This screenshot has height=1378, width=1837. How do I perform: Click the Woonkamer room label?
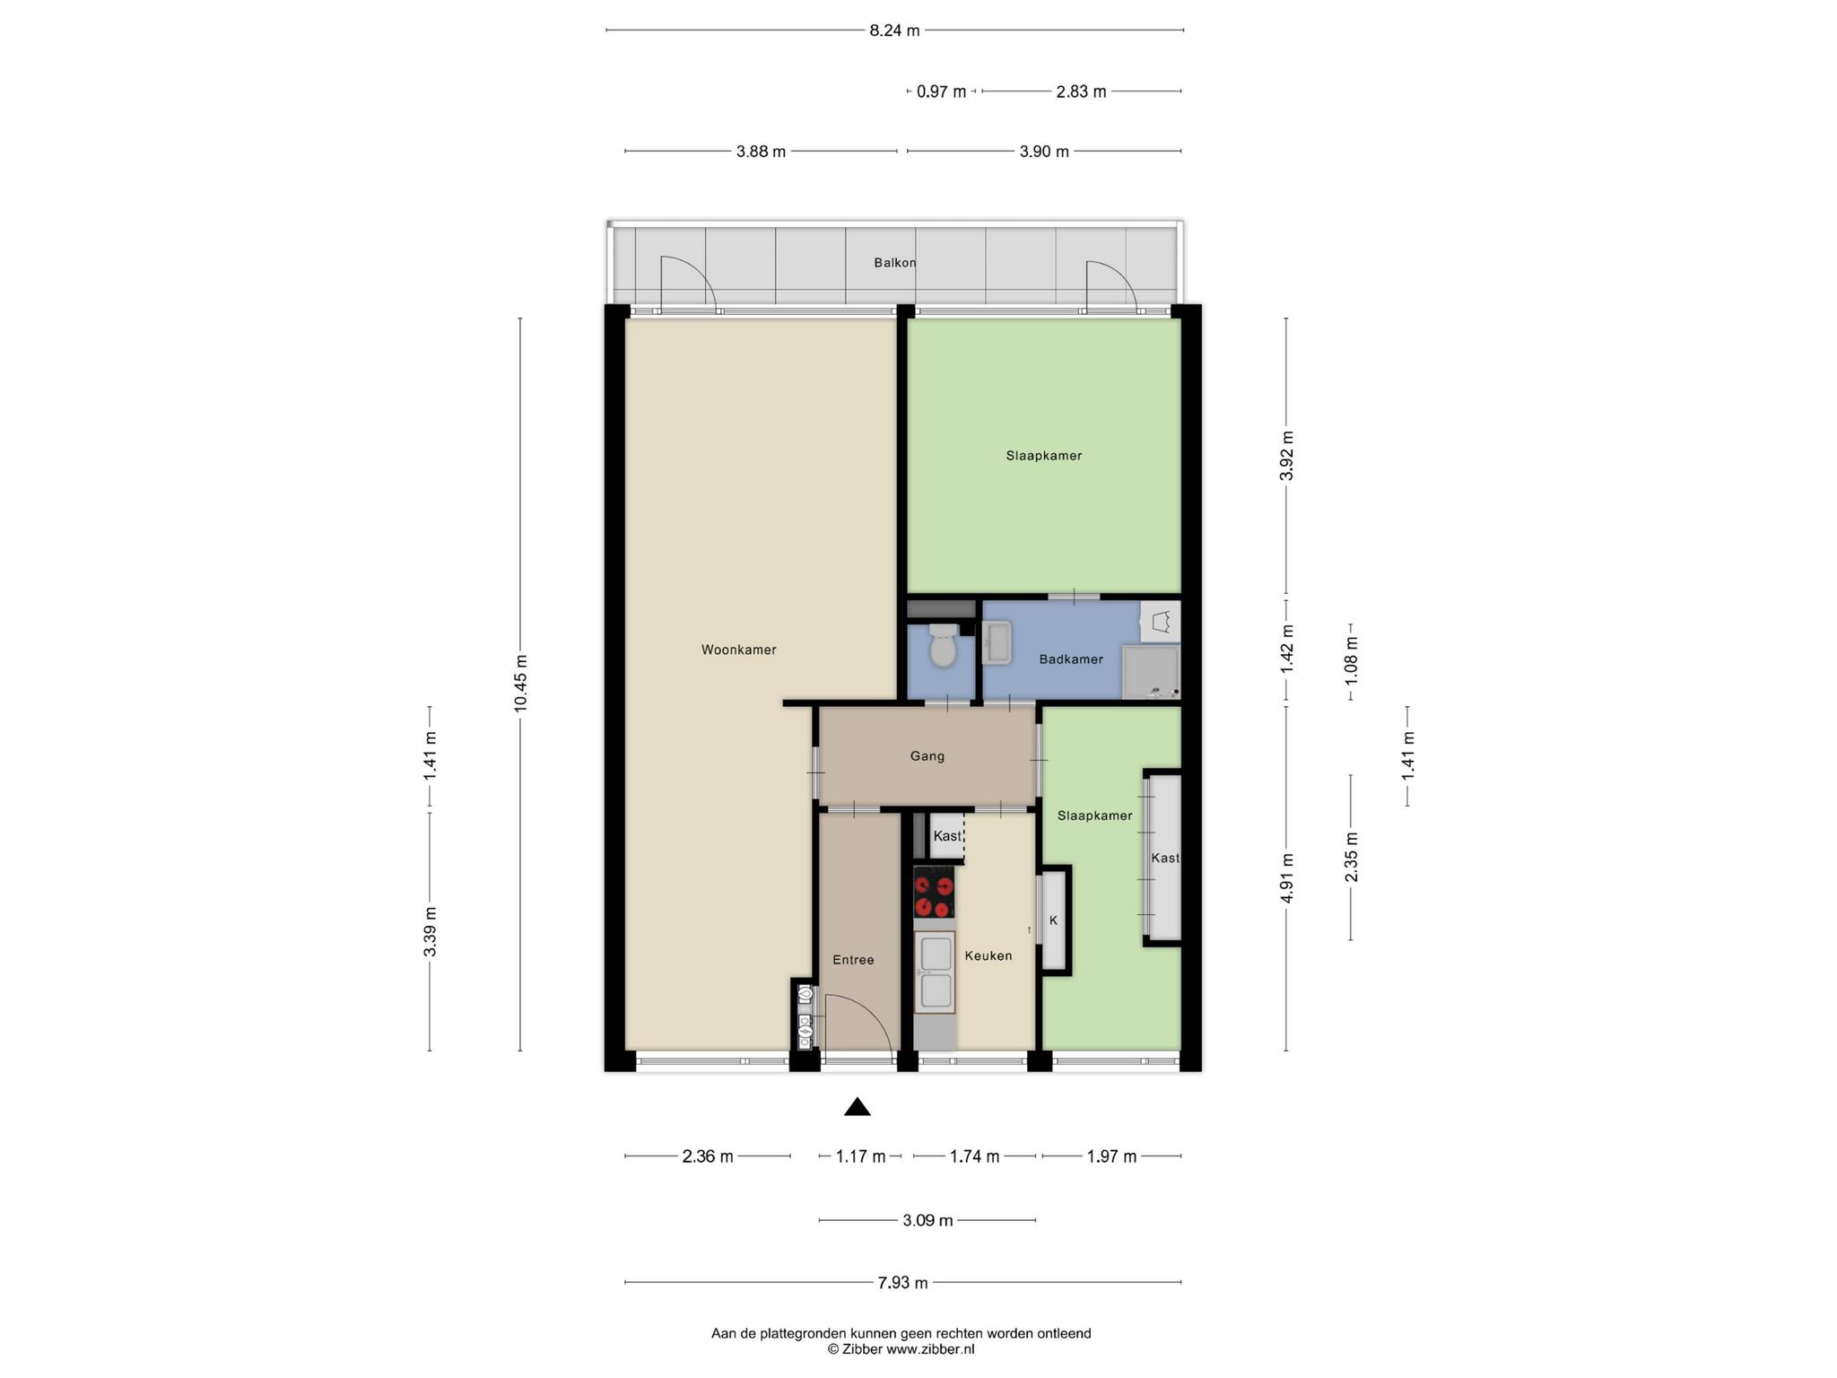(x=738, y=650)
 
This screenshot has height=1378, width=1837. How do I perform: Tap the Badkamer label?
(x=1071, y=659)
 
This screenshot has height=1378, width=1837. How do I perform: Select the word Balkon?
(x=895, y=263)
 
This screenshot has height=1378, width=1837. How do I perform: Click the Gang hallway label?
(x=927, y=756)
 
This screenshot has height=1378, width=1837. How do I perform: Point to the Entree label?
(x=853, y=960)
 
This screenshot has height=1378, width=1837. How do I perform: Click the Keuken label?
(x=988, y=956)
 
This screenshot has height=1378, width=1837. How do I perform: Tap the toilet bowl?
(x=943, y=645)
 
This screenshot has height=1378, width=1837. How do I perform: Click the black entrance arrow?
(x=858, y=1107)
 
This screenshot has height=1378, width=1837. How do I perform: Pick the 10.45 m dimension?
(x=520, y=685)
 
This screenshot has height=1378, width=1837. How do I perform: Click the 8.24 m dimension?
(x=894, y=31)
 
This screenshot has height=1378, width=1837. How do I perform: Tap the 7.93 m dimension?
(x=902, y=1283)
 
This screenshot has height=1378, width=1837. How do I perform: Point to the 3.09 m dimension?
(x=927, y=1220)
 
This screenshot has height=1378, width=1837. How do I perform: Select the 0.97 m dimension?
(x=941, y=92)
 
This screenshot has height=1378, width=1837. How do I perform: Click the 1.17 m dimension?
(x=860, y=1156)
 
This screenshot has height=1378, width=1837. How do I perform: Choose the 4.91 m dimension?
(x=1286, y=879)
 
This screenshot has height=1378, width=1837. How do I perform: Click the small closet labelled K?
(x=1055, y=920)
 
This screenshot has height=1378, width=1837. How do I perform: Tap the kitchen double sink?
(x=935, y=972)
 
